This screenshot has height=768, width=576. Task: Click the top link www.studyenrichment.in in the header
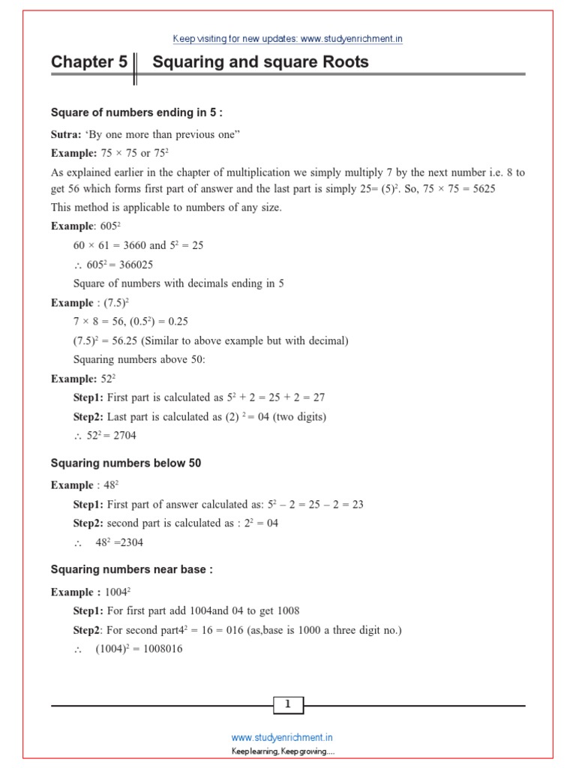pyautogui.click(x=346, y=38)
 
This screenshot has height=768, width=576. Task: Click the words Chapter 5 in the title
pyautogui.click(x=89, y=62)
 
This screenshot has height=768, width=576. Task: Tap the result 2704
pyautogui.click(x=121, y=435)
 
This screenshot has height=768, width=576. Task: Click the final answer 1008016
pyautogui.click(x=160, y=649)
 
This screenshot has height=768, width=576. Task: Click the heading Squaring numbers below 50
pyautogui.click(x=126, y=463)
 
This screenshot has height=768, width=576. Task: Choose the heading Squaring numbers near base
pyautogui.click(x=131, y=570)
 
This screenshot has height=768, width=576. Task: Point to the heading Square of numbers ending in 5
pyautogui.click(x=136, y=112)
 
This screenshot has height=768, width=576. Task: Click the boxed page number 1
pyautogui.click(x=288, y=704)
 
